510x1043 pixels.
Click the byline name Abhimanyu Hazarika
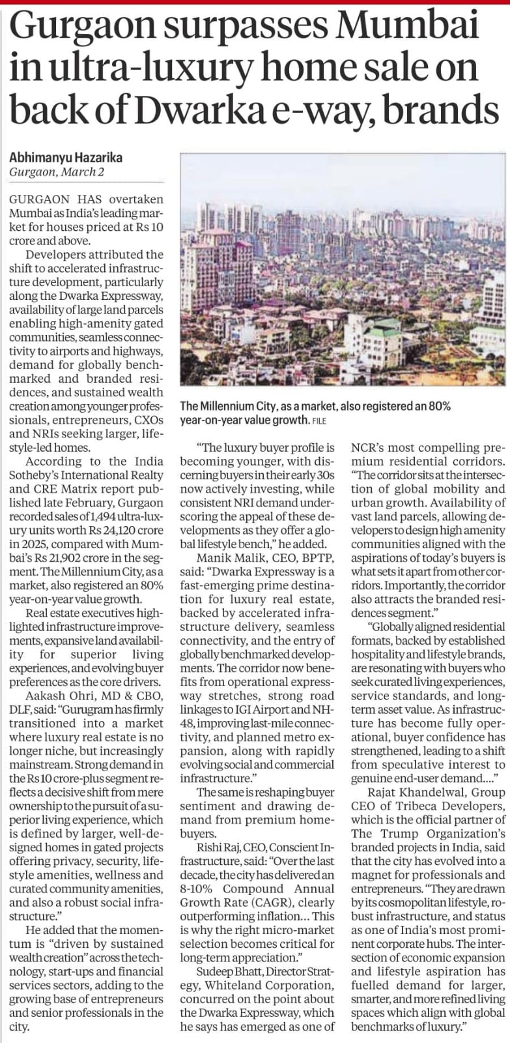(66, 158)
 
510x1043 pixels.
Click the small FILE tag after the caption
(318, 421)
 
